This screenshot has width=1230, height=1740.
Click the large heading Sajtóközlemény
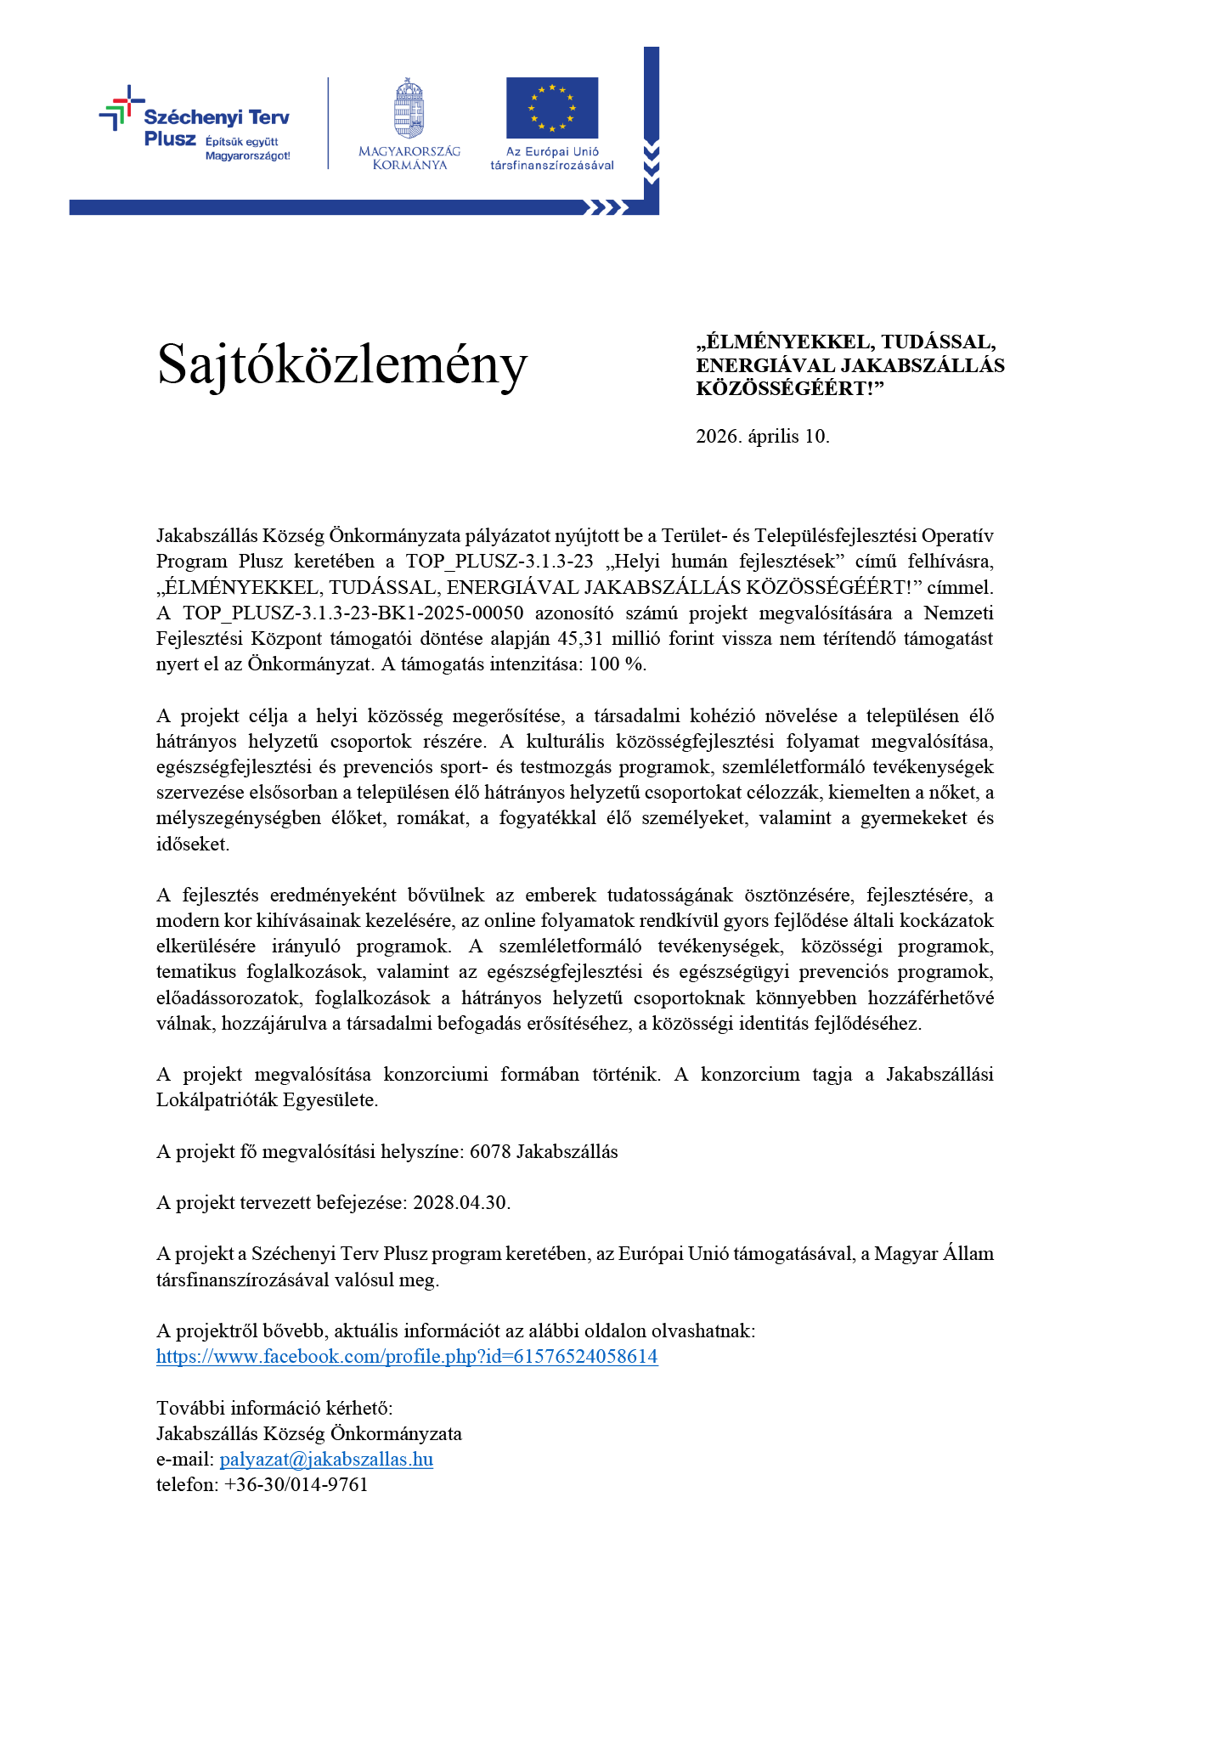(x=341, y=365)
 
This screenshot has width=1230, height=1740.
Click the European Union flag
(x=552, y=108)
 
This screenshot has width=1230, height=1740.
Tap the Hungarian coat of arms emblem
(x=409, y=109)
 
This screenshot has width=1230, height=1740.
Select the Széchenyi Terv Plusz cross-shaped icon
(x=121, y=108)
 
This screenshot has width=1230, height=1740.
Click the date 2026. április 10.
(x=762, y=437)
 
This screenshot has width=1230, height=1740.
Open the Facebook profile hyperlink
(x=407, y=1356)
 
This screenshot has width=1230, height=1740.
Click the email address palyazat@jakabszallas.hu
(x=326, y=1459)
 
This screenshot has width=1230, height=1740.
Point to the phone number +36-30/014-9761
(x=296, y=1484)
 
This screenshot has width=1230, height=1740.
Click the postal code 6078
(x=489, y=1151)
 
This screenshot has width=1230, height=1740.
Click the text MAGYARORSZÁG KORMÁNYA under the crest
(x=409, y=158)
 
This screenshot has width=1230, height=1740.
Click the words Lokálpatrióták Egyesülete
(x=267, y=1099)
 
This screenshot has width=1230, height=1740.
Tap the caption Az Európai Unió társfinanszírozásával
(x=552, y=158)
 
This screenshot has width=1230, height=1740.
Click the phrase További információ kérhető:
(x=274, y=1408)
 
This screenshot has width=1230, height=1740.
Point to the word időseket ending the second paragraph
(x=192, y=844)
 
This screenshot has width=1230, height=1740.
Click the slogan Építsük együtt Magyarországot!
(x=247, y=150)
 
